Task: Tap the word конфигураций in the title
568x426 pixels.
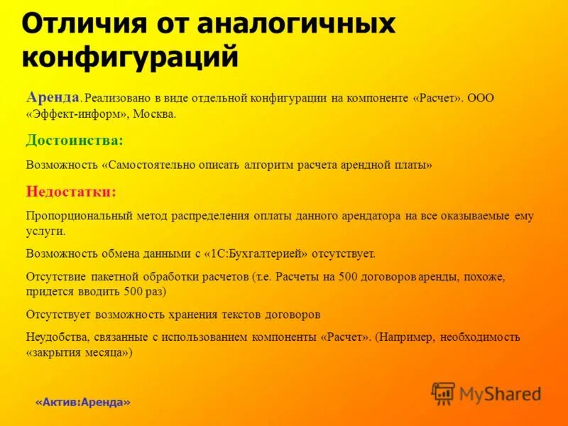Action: click(x=129, y=56)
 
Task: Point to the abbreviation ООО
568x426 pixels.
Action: click(x=481, y=98)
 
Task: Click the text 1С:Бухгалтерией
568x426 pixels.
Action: click(x=255, y=253)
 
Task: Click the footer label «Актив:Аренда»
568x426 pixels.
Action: click(x=83, y=403)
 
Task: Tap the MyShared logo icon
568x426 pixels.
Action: click(x=443, y=393)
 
